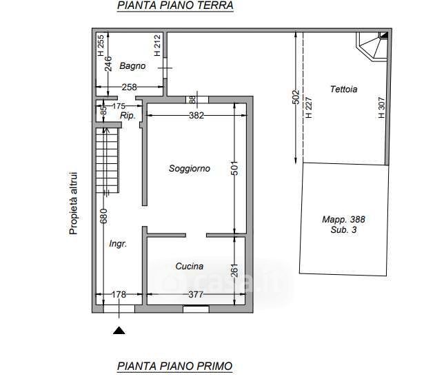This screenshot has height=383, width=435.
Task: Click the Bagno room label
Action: point(132,66)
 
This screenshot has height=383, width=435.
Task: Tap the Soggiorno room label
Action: point(190,169)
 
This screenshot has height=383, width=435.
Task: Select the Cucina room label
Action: point(190,267)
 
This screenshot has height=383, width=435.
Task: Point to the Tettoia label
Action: point(344,90)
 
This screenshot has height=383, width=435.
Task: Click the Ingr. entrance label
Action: point(118,244)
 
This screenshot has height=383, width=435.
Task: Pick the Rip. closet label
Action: point(128,116)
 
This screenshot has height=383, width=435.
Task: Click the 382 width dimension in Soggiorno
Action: point(196,115)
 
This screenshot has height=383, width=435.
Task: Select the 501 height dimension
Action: point(234,168)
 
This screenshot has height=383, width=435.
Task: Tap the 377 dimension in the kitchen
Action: point(196,294)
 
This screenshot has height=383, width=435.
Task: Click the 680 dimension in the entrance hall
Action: point(103,216)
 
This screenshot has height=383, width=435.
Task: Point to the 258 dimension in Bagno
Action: point(130,87)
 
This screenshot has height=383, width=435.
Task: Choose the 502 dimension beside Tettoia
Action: point(296,97)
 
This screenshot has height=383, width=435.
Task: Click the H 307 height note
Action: point(382,107)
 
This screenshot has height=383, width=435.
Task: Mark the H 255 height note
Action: point(101,45)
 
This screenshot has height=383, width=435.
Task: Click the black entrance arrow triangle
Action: point(119,331)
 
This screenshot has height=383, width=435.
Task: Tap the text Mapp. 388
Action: point(343,220)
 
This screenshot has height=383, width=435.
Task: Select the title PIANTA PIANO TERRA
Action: point(175,6)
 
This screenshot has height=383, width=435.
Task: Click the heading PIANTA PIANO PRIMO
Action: point(175,366)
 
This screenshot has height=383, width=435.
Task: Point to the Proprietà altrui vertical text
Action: point(73,204)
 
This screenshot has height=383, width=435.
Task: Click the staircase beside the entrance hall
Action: point(108,161)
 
